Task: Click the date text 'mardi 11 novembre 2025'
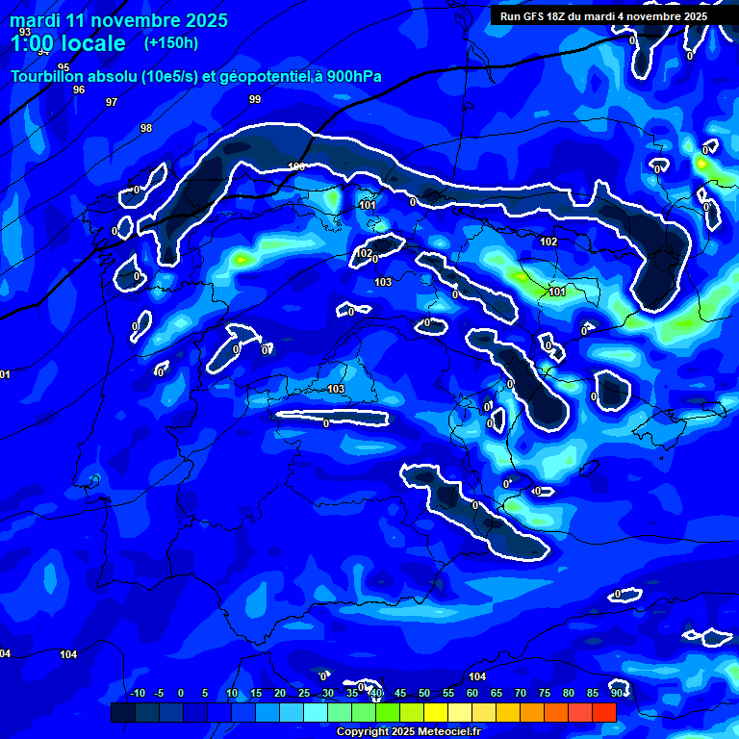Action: pyautogui.click(x=118, y=20)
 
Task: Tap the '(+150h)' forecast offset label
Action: pyautogui.click(x=171, y=42)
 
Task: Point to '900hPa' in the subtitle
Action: pyautogui.click(x=329, y=77)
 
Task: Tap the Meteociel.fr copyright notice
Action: pyautogui.click(x=408, y=731)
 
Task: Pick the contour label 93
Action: pyautogui.click(x=25, y=32)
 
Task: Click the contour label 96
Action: pyautogui.click(x=79, y=89)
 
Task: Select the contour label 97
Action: pyautogui.click(x=112, y=102)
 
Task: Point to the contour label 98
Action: pyautogui.click(x=146, y=128)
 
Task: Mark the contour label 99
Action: pyautogui.click(x=254, y=99)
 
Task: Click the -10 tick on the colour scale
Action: pyautogui.click(x=137, y=693)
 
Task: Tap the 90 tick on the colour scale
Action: pyautogui.click(x=616, y=693)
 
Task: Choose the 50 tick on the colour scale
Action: pyautogui.click(x=424, y=693)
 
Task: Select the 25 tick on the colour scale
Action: pyautogui.click(x=304, y=693)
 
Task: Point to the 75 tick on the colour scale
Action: pyautogui.click(x=545, y=693)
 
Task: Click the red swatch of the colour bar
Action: pyautogui.click(x=604, y=712)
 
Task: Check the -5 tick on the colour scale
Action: pyautogui.click(x=160, y=693)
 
